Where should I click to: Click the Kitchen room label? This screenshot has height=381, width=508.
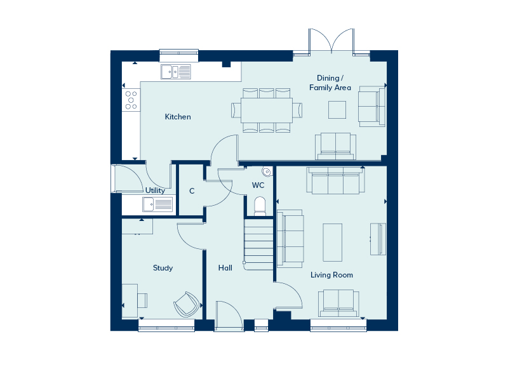178,117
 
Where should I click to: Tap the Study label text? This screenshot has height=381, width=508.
163,268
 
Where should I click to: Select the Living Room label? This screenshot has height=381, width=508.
331,275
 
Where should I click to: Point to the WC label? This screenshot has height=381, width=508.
258,185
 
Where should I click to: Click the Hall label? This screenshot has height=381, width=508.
225,267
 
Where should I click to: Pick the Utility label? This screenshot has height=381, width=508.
155,190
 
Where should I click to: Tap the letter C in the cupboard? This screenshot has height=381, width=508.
192,191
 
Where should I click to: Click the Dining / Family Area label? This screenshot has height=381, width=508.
330,83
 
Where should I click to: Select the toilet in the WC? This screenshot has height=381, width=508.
260,206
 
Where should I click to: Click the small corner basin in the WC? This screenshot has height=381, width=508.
267,171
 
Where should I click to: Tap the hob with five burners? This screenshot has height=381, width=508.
131,100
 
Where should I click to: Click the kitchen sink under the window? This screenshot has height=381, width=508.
176,72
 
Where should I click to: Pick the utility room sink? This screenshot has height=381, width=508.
157,204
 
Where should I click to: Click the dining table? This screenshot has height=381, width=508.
267,110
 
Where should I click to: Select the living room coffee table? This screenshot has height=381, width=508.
332,243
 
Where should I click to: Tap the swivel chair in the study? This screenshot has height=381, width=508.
186,304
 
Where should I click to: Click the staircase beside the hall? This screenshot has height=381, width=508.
258,244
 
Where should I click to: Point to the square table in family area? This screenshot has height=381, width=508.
337,110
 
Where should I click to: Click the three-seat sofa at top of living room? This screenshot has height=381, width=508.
336,180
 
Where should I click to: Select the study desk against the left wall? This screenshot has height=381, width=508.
130,300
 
